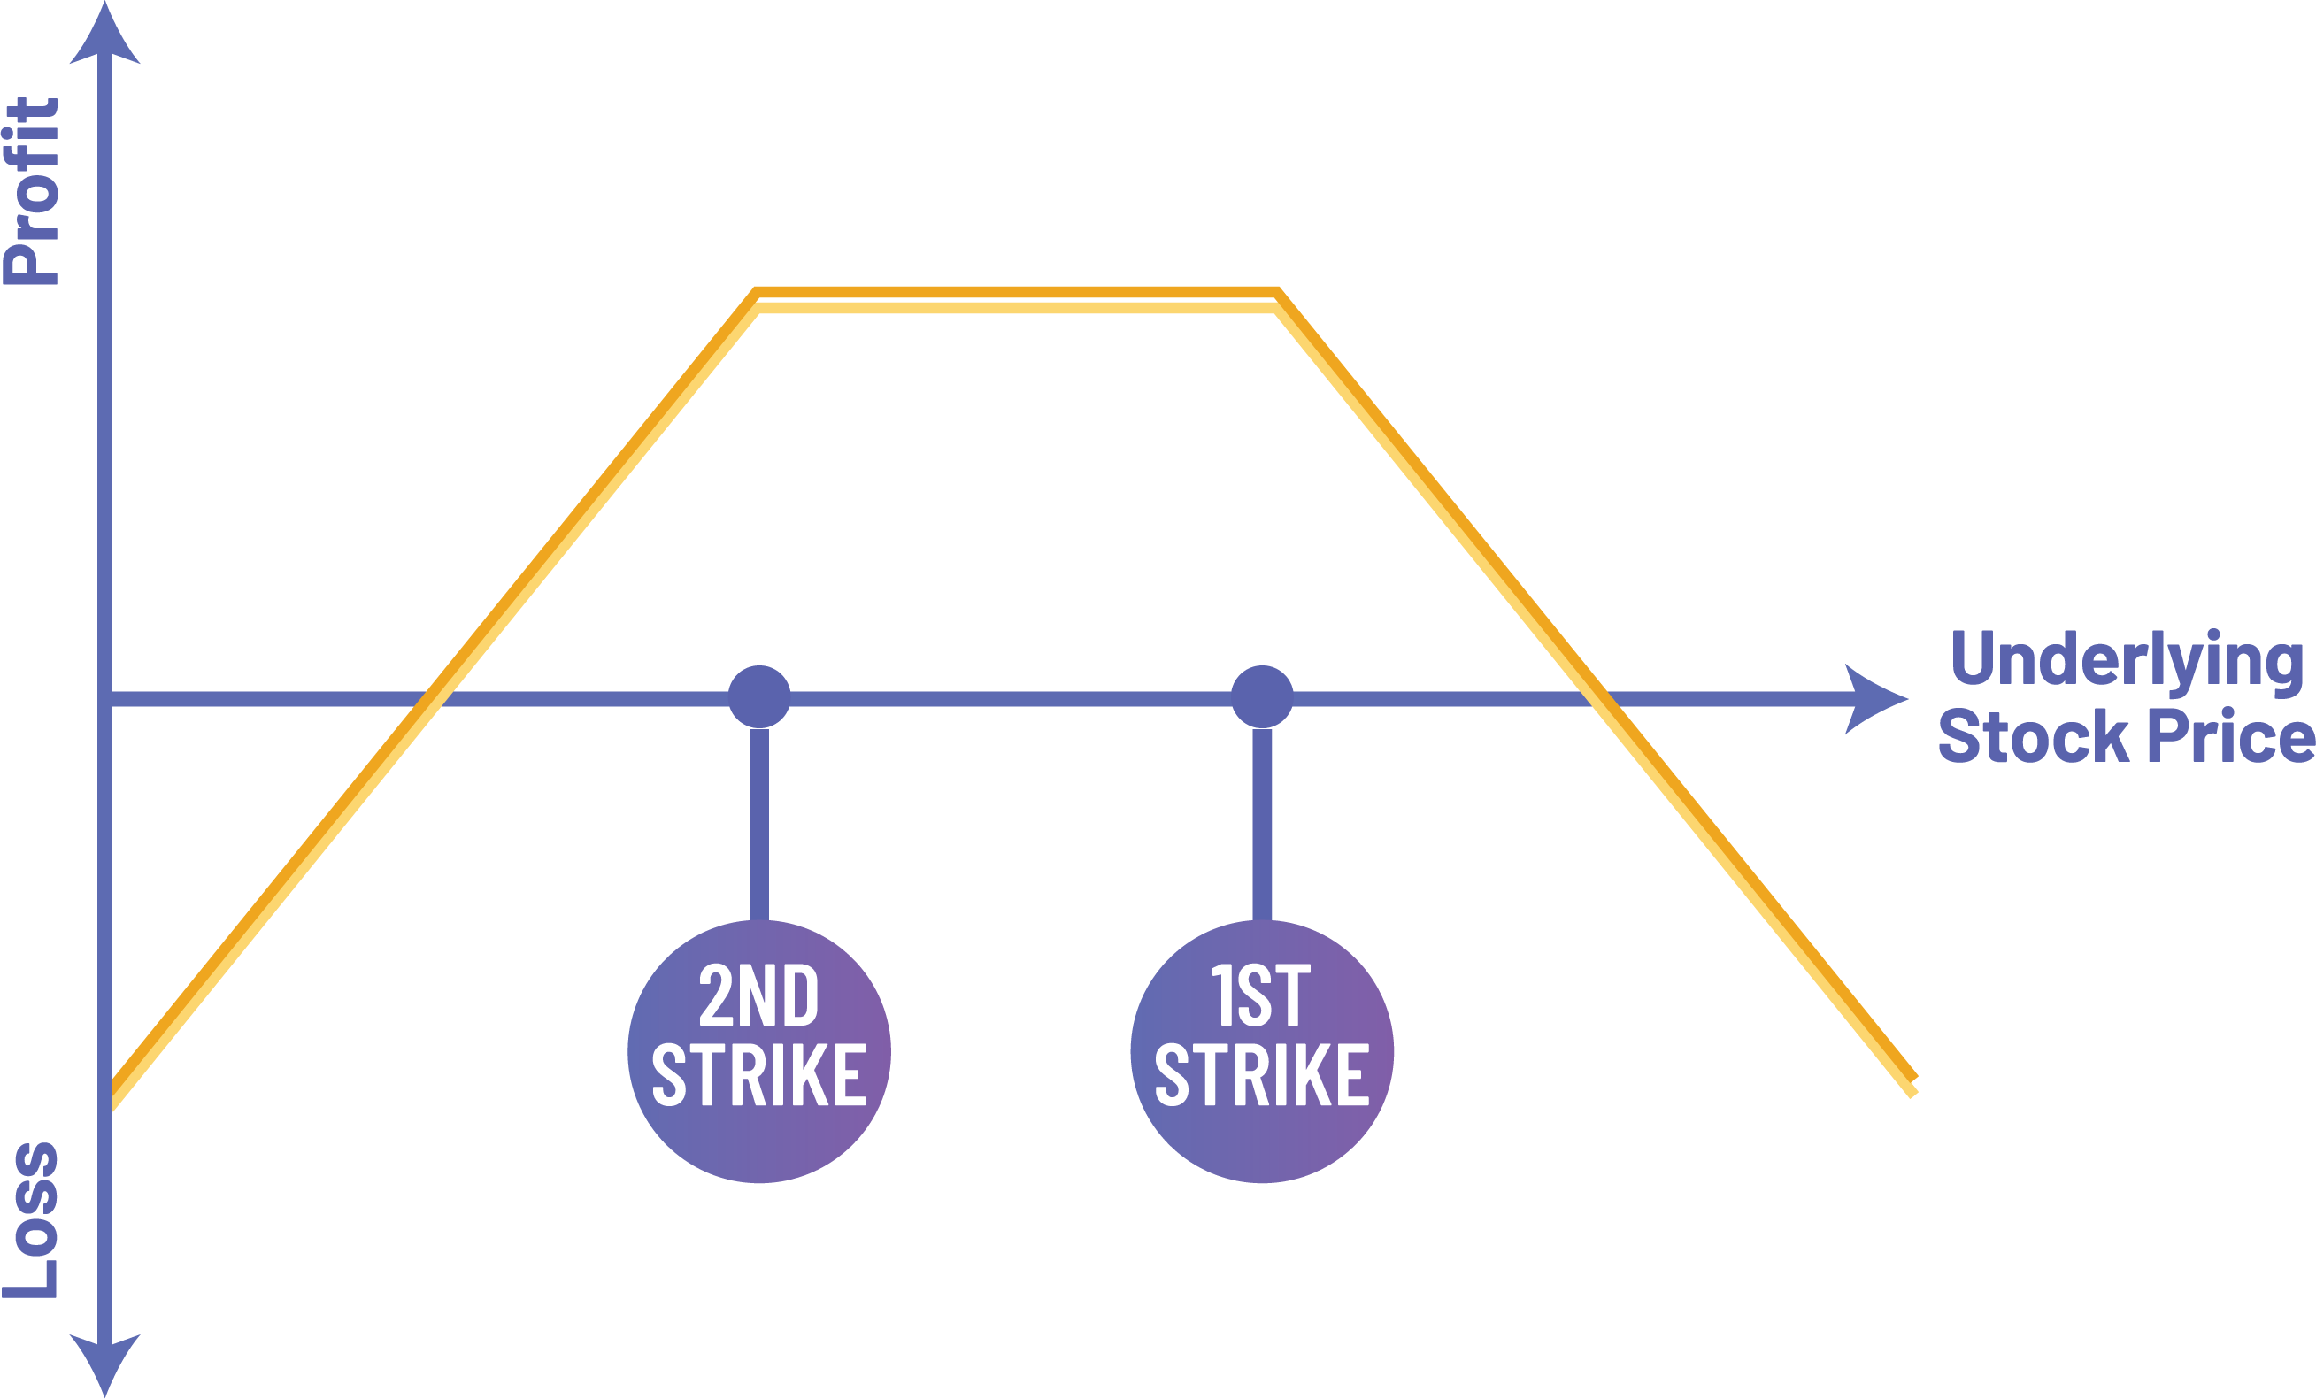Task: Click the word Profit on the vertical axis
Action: (32, 191)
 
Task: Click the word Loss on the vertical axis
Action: (32, 1220)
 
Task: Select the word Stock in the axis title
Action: (2033, 738)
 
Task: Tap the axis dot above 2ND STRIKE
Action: (759, 697)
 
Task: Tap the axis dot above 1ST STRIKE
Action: (1262, 697)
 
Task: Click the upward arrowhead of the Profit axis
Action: (105, 37)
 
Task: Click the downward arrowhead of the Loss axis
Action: (105, 1363)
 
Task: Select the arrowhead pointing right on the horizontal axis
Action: (1873, 699)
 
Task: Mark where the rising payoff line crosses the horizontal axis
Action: (435, 699)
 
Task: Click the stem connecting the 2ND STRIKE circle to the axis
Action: (759, 825)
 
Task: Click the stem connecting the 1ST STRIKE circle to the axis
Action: (1262, 825)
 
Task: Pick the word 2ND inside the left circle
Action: (758, 995)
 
